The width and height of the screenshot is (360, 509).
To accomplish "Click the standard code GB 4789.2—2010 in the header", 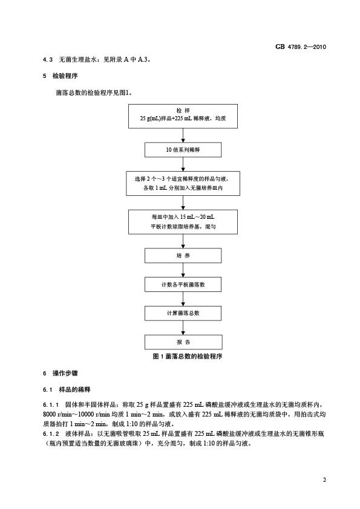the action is [x=301, y=47].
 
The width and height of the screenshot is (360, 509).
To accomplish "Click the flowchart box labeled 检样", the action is [x=183, y=116].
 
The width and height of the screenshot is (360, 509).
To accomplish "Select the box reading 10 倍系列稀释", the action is [x=183, y=150].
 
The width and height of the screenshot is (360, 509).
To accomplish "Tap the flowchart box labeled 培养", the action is [x=183, y=256].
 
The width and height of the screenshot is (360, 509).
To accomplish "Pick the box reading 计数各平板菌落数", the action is [x=183, y=284].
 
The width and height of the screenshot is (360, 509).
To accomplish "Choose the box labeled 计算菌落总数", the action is [x=183, y=313].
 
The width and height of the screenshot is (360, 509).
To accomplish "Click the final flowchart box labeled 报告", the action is [x=183, y=342].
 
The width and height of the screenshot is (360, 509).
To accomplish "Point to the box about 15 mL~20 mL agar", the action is [x=183, y=222].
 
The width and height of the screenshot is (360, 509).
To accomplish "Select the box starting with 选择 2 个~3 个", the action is [x=183, y=183].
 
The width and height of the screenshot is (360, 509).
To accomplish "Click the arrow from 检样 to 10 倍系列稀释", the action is [x=183, y=135].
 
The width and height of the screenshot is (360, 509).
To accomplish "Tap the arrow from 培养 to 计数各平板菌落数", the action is [x=183, y=270].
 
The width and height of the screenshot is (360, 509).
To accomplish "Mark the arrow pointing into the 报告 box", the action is [x=183, y=328].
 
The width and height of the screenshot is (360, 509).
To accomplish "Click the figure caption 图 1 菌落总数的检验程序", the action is [x=188, y=357].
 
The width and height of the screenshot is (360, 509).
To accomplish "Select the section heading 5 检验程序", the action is [x=60, y=76].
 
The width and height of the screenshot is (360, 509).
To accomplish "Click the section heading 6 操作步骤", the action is [x=60, y=374].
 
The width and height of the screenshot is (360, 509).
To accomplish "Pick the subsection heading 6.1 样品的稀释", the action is [x=67, y=389].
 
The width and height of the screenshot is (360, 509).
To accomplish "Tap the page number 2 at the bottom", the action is [x=324, y=480].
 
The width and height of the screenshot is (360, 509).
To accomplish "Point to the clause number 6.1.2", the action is [x=51, y=433].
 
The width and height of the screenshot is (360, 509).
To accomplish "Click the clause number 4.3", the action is [x=47, y=60].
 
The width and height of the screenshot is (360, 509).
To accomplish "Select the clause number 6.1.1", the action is [x=51, y=405].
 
